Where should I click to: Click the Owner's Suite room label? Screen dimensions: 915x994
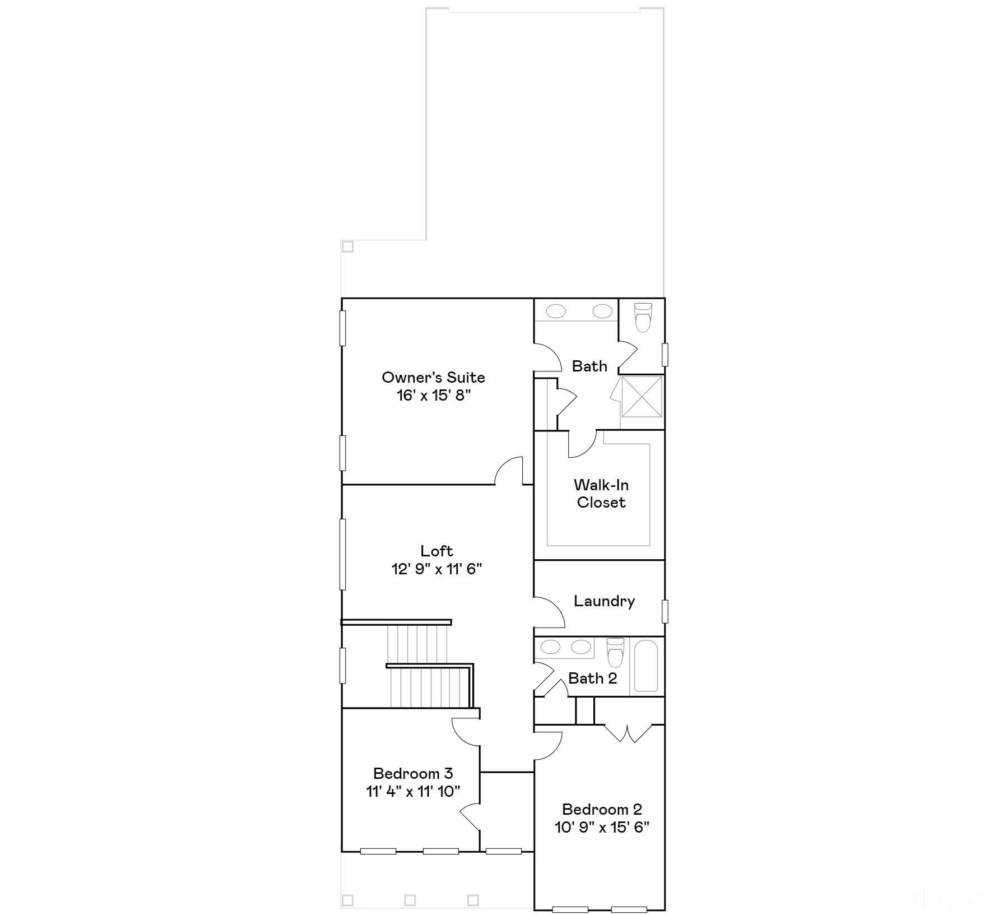[x=433, y=377]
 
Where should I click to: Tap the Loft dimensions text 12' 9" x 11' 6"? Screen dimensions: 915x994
[x=436, y=569]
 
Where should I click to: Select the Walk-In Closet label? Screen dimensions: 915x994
[x=601, y=493]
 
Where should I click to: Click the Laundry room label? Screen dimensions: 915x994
[x=604, y=601]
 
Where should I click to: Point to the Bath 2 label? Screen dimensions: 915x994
[x=592, y=678]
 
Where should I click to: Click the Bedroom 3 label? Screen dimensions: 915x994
[x=413, y=773]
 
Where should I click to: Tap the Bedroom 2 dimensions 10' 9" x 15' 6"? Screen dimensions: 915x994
[x=602, y=827]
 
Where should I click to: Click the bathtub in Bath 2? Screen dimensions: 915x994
[x=646, y=666]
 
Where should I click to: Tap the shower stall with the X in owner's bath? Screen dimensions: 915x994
[x=642, y=397]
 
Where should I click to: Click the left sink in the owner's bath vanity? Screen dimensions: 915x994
[x=556, y=311]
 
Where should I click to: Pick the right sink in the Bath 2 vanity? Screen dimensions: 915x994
[x=580, y=647]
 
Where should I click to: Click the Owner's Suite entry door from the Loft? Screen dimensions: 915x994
[x=509, y=471]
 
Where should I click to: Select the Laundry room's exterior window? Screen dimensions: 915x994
[x=665, y=611]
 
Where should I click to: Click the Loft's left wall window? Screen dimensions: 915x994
[x=343, y=554]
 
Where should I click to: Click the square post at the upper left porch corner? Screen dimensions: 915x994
[x=347, y=247]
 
